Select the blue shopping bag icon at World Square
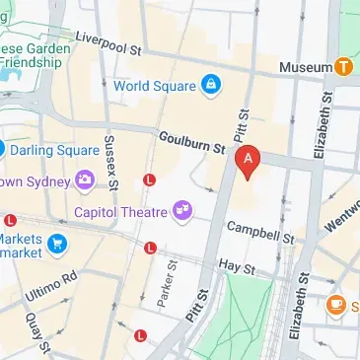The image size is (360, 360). click(209, 87)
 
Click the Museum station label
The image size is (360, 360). click(305, 67)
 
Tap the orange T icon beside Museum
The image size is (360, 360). click(342, 67)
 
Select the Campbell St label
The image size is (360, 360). click(260, 232)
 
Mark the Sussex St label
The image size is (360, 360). click(110, 163)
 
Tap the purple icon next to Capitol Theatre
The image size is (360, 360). click(181, 209)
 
